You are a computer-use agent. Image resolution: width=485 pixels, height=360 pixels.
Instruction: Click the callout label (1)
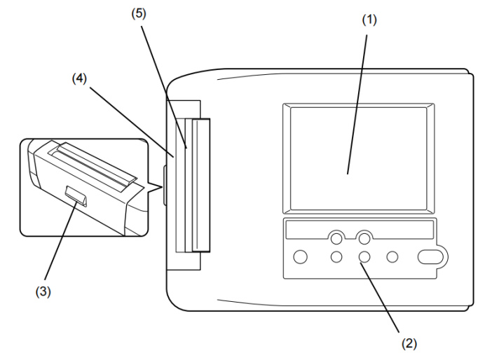point(369,20)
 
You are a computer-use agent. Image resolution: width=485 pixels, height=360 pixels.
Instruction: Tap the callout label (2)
point(409,343)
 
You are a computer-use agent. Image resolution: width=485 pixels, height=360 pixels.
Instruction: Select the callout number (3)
point(43,291)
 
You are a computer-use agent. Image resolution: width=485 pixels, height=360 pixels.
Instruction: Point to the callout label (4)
point(79,78)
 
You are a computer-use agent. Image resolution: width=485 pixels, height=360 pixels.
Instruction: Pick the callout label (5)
point(139,13)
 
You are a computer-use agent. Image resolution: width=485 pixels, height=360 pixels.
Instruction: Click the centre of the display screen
point(358,158)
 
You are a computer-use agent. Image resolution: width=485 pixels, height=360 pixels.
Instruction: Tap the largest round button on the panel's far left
point(300,257)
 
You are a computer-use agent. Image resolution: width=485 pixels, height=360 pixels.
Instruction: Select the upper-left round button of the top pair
point(336,239)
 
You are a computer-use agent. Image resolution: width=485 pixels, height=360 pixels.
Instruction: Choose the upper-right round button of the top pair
point(364,239)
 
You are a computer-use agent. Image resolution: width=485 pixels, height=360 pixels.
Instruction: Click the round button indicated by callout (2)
point(364,257)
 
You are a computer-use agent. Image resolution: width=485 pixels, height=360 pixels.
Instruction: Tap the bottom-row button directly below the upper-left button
point(336,257)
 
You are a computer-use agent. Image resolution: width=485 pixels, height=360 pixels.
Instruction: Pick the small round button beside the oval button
point(392,257)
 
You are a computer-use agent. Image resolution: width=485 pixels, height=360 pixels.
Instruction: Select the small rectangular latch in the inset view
point(76,196)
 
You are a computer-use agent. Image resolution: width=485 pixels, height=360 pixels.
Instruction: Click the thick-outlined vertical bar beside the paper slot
point(200,185)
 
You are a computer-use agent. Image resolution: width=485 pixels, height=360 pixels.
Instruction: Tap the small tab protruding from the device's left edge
point(165,186)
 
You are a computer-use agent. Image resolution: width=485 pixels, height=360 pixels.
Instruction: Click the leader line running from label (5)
point(164,87)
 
